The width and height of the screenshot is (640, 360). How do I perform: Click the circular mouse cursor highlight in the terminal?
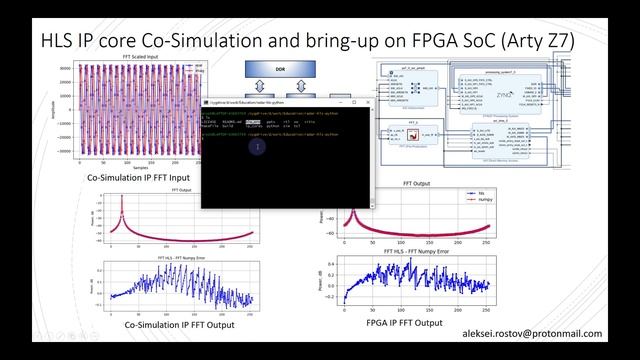[x=256, y=146]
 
